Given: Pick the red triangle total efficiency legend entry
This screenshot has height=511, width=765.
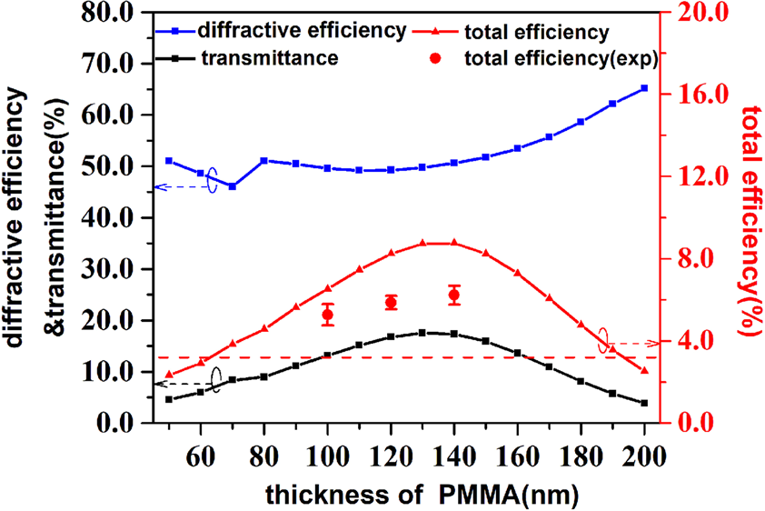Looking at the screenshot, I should pyautogui.click(x=535, y=31).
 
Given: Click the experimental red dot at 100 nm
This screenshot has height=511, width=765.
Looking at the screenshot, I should pyautogui.click(x=328, y=315).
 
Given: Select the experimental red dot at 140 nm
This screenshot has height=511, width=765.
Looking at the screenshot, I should pyautogui.click(x=454, y=295).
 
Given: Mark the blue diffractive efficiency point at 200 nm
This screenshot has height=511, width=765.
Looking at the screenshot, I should pyautogui.click(x=644, y=88).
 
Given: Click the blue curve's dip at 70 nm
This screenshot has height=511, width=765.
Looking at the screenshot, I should pyautogui.click(x=233, y=186).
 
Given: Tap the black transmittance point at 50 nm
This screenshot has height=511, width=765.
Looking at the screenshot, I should pyautogui.click(x=169, y=399).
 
